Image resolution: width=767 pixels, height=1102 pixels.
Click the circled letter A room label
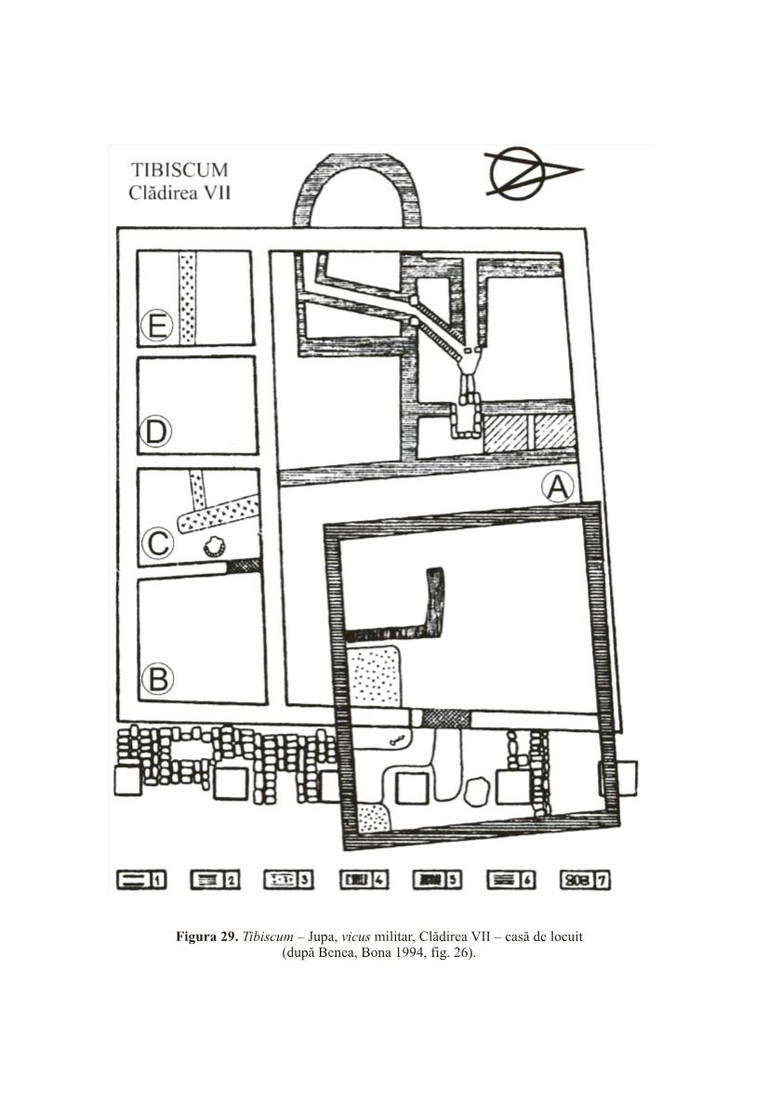click(558, 486)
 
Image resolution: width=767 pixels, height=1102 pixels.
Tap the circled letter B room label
click(158, 680)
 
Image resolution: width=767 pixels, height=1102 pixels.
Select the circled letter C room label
click(157, 544)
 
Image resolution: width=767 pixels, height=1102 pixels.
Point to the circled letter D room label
click(156, 432)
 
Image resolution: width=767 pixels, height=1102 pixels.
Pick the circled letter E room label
click(156, 326)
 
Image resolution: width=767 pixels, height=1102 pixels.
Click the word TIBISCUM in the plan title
click(179, 170)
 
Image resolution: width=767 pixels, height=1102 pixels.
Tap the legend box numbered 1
click(141, 879)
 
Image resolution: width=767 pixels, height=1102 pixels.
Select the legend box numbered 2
click(215, 879)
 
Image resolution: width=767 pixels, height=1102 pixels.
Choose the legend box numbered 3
click(289, 879)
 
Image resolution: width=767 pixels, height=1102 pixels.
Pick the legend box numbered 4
click(364, 879)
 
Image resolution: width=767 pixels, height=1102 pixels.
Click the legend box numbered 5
click(437, 879)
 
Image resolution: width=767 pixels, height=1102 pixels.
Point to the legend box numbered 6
click(511, 879)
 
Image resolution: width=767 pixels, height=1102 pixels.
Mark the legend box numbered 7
click(585, 879)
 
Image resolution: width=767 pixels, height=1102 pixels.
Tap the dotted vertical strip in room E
click(187, 298)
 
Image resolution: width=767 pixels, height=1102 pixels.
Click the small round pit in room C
click(214, 546)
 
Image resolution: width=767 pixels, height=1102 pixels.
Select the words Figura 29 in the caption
click(205, 936)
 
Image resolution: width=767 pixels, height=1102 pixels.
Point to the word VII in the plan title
click(217, 193)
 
